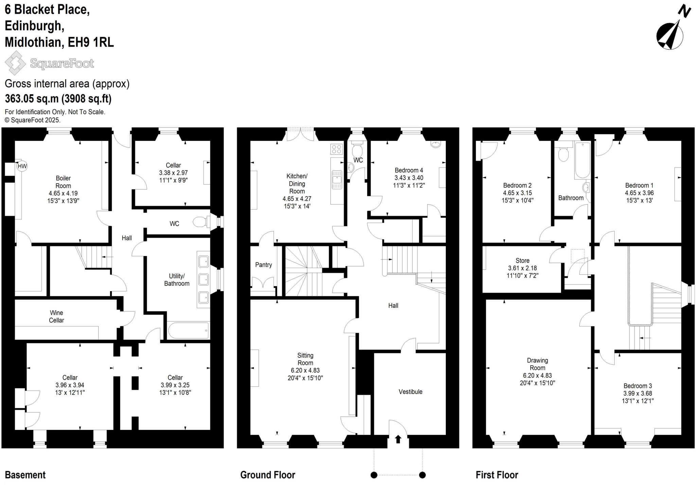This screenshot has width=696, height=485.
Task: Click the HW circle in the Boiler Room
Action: click(22, 166)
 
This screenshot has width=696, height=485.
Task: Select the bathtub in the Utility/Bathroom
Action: click(188, 330)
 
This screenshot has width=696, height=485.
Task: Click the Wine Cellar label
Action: click(56, 316)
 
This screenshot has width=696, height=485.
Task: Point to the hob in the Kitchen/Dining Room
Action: click(336, 149)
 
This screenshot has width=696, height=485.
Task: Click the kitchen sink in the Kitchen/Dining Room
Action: click(337, 180)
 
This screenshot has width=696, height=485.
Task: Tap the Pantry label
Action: click(263, 265)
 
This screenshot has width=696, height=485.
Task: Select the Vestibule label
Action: click(410, 391)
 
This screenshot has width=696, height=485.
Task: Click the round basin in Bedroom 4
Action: click(435, 144)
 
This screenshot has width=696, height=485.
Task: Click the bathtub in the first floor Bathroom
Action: click(582, 160)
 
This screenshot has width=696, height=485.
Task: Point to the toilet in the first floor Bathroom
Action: click(563, 154)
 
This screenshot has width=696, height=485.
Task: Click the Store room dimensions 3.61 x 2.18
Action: click(522, 268)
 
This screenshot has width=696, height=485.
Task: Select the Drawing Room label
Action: click(537, 364)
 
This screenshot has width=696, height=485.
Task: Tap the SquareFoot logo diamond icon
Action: click(15, 63)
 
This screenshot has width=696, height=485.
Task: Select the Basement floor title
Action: click(25, 475)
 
